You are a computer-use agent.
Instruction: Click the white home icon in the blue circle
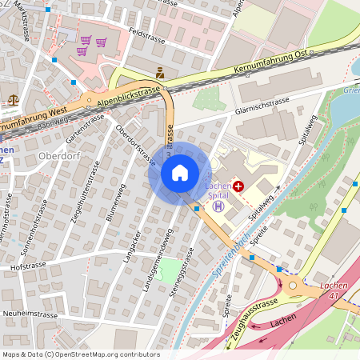(x=180, y=172)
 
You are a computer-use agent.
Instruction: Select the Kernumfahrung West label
(x=32, y=121)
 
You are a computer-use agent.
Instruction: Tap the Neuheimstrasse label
(x=32, y=313)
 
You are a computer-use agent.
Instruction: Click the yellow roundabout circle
(x=293, y=286)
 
